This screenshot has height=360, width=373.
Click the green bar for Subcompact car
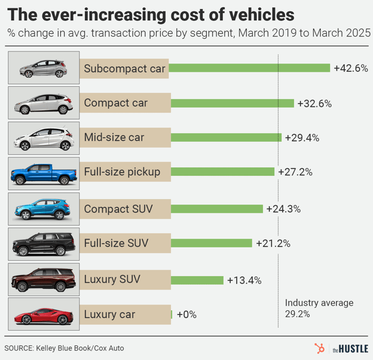(x=250, y=68)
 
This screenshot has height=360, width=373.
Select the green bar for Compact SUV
(x=217, y=209)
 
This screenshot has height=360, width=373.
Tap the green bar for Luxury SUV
(x=197, y=280)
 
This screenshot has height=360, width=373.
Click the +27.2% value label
(x=295, y=172)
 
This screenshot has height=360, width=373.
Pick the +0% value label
(x=186, y=315)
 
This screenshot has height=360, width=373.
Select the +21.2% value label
(x=273, y=243)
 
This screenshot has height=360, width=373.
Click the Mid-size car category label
(x=114, y=138)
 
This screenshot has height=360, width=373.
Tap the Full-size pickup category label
(x=123, y=173)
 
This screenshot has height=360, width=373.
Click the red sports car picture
(x=44, y=315)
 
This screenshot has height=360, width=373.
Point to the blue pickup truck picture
(x=44, y=174)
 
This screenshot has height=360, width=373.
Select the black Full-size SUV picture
(x=44, y=244)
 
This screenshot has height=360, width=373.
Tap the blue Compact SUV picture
(x=44, y=209)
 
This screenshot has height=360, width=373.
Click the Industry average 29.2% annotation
(x=319, y=308)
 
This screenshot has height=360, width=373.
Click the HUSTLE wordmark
(x=352, y=348)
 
